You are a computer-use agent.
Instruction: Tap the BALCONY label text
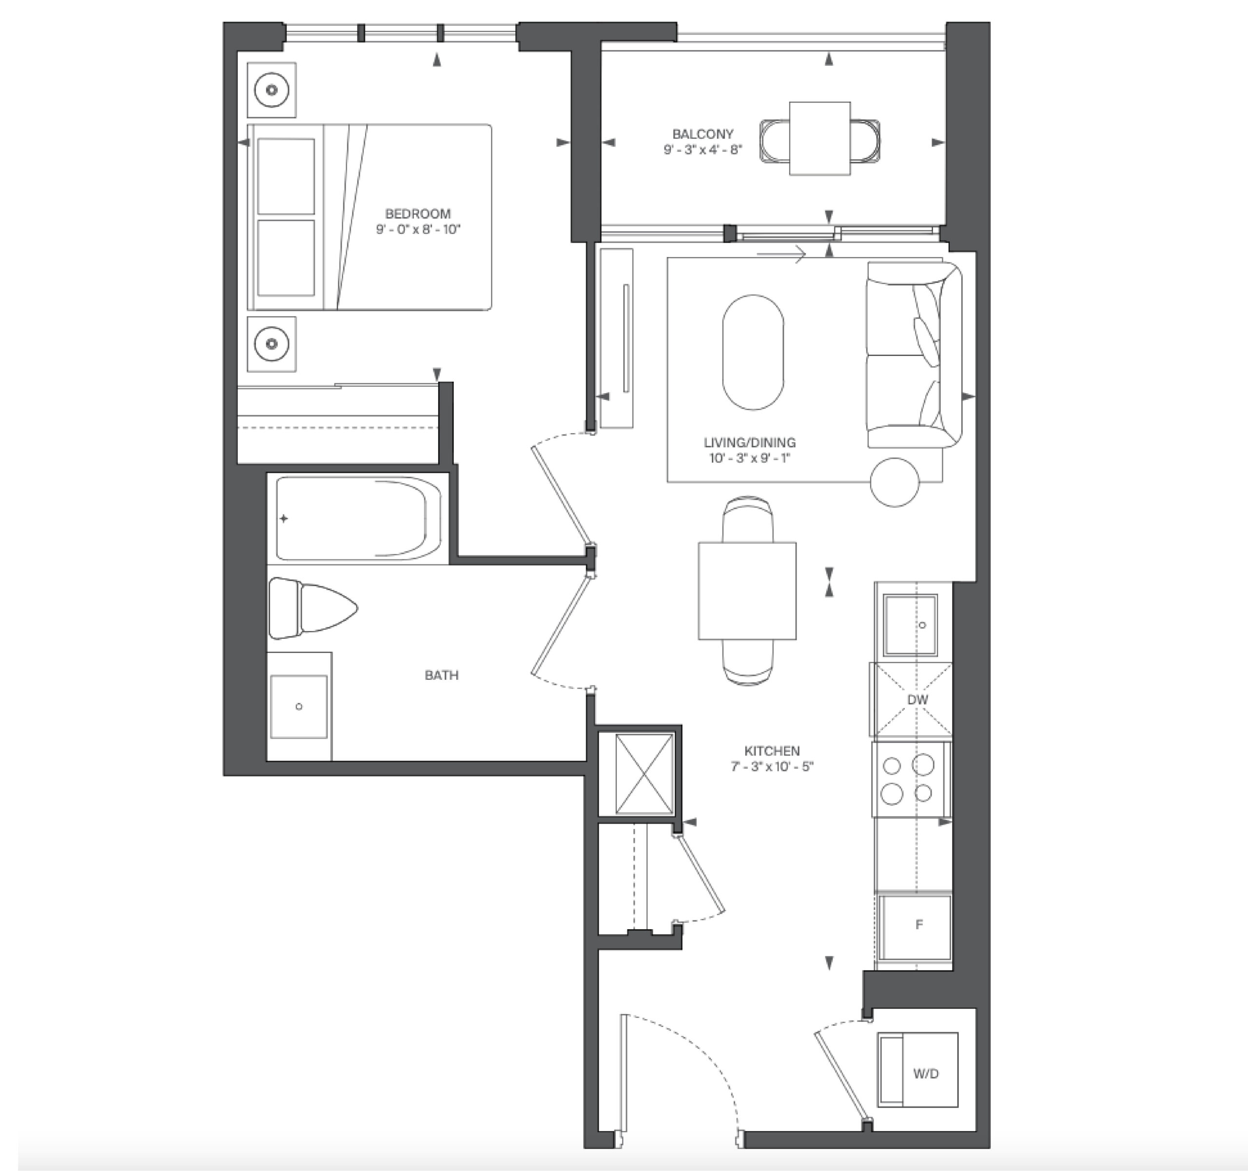(702, 134)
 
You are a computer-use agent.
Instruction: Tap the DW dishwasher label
(917, 699)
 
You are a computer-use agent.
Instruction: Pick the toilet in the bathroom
(312, 608)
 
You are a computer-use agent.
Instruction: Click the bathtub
(358, 518)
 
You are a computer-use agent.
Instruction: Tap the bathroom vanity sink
(299, 706)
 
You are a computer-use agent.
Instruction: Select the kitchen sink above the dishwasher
(910, 625)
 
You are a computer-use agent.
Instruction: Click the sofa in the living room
(914, 355)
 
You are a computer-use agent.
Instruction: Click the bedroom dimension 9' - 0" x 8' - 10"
(418, 229)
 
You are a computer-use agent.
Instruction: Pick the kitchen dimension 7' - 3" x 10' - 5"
(772, 766)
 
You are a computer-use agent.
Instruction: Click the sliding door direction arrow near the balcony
(781, 254)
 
